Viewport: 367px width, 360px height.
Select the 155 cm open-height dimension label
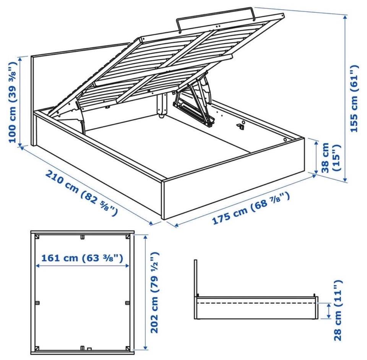354,99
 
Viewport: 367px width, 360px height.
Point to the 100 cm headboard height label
13,102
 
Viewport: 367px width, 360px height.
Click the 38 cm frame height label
330,157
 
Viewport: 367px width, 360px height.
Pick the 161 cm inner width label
82,258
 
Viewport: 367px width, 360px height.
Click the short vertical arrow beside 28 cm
329,311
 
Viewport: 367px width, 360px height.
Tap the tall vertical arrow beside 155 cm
345,98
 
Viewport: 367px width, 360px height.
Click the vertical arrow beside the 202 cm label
146,292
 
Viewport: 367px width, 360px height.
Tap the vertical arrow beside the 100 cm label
20,102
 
